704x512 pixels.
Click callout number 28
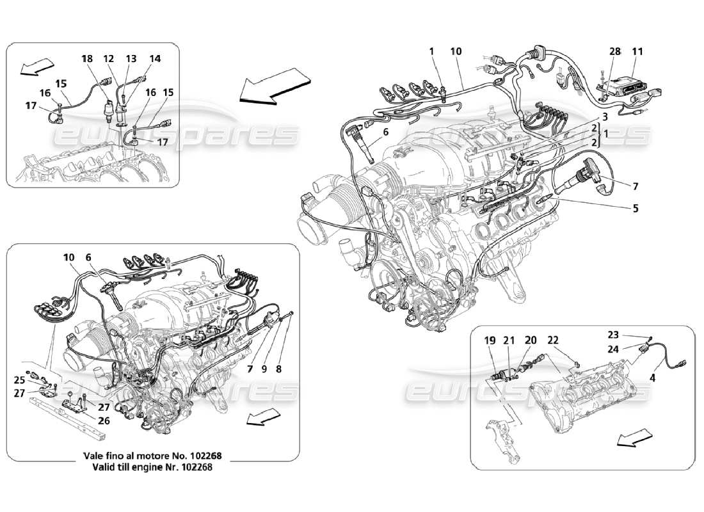[x=615, y=51]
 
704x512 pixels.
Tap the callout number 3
[x=604, y=117]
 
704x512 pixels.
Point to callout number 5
[x=635, y=208]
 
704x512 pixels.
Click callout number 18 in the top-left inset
[x=86, y=58]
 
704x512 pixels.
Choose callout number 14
[x=155, y=58]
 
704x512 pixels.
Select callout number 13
[x=131, y=58]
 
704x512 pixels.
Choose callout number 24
[x=613, y=349]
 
